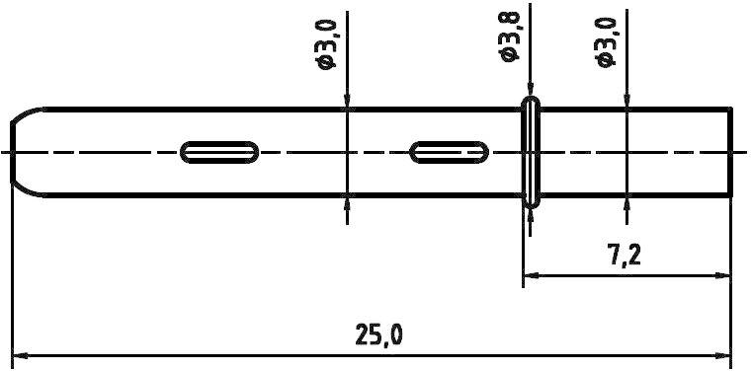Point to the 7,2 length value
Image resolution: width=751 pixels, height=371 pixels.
[625, 256]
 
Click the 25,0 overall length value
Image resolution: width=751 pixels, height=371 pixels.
[378, 334]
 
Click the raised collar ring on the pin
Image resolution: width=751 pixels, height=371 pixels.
[532, 151]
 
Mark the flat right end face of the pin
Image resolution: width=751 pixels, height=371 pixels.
[731, 151]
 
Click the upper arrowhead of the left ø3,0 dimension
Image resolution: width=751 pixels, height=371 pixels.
[347, 100]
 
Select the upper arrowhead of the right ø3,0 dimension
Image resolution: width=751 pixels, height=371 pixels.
[626, 100]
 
